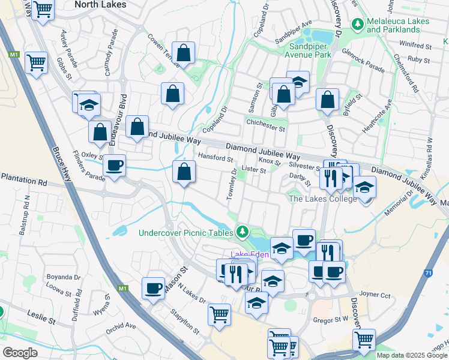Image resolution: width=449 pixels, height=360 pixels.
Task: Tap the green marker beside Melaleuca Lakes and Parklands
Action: coord(358,24)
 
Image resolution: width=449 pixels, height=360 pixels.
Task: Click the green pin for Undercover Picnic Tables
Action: coord(242,231)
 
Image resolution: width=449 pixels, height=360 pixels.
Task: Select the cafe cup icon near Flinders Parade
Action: coord(114,166)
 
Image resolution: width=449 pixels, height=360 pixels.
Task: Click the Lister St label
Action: coord(254,170)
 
